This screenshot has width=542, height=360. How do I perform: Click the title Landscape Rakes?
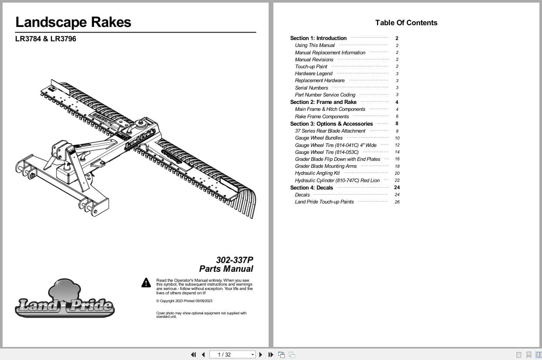pos(73,22)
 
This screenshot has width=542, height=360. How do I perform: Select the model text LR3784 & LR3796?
pos(46,39)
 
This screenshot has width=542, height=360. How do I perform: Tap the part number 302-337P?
pos(234,260)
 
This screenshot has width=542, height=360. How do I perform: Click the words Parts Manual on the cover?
pos(226,269)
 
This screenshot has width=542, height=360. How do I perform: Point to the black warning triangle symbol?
pos(146,283)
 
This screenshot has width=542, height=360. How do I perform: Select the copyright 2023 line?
pos(184,301)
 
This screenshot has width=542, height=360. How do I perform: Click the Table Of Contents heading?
pos(406,23)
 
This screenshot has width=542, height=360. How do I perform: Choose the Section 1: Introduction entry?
pos(318,38)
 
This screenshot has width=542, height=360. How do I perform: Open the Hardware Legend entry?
pos(313,73)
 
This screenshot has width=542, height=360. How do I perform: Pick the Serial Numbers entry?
pos(311,88)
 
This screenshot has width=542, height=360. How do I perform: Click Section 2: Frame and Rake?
pos(323,102)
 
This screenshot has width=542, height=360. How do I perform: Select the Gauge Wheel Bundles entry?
pos(319,138)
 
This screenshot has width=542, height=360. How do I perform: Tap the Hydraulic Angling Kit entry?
pos(317,173)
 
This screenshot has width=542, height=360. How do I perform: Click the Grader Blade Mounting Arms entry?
pos(326,166)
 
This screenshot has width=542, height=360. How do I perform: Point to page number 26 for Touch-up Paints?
pos(397,202)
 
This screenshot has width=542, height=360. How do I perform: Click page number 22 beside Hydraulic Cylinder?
pos(397,180)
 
